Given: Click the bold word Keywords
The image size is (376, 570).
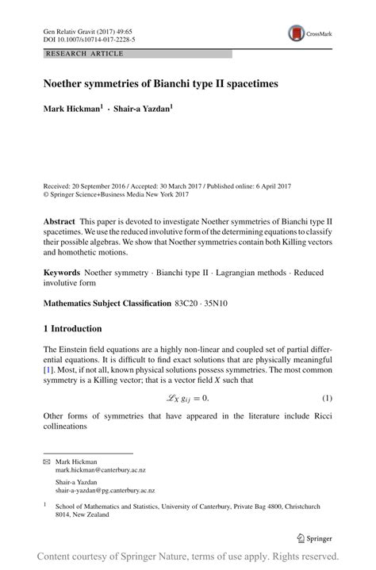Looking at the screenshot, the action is (x=62, y=273).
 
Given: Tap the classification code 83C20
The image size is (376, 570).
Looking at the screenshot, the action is (x=189, y=303).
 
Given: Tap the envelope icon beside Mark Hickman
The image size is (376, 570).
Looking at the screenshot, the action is (x=46, y=461).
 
